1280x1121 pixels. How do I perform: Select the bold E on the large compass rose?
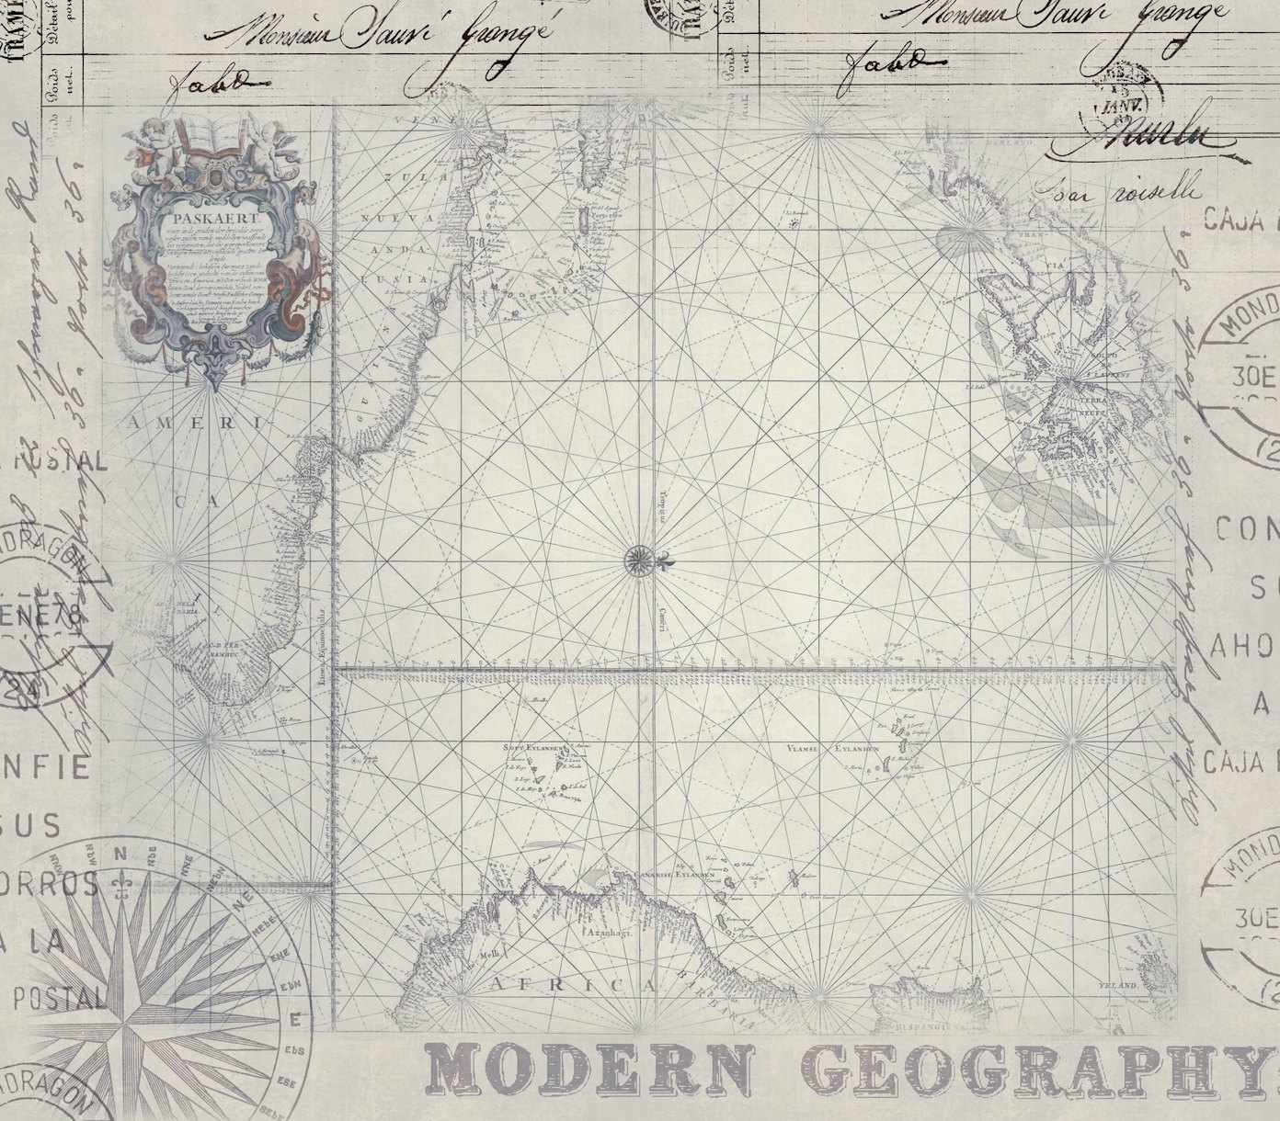294,1019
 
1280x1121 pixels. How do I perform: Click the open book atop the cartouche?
201,138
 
